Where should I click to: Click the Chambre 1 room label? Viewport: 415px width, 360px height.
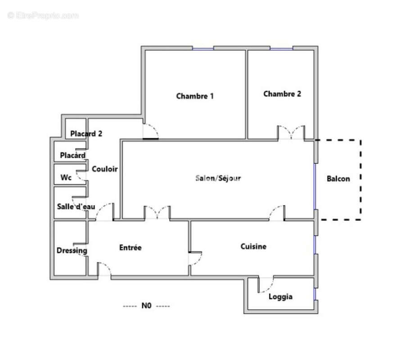tap(194, 96)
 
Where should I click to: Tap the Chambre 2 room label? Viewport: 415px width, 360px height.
tap(282, 94)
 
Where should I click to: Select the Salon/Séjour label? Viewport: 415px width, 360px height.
tap(218, 178)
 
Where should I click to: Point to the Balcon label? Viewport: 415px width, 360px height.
tap(338, 179)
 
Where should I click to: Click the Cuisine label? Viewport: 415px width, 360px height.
tap(253, 246)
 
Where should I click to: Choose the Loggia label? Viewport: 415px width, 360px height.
tap(280, 297)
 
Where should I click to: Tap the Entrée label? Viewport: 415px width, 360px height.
tap(131, 247)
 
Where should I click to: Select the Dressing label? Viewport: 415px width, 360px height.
tap(72, 251)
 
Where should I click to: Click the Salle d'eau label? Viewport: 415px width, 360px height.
tap(76, 207)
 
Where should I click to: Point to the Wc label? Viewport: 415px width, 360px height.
tap(66, 178)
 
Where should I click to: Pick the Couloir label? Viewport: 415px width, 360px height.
tap(105, 169)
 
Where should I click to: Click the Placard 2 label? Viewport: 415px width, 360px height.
tap(86, 133)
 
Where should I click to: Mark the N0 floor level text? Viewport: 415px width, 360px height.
tap(146, 306)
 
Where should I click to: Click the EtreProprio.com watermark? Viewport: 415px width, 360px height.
tap(43, 15)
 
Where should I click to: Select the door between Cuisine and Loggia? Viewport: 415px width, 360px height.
tap(266, 284)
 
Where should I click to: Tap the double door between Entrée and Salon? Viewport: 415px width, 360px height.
tap(157, 213)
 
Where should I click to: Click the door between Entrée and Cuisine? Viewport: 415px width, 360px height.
tap(194, 258)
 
